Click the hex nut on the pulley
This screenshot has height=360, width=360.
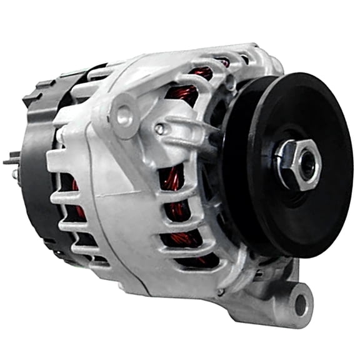(298, 164)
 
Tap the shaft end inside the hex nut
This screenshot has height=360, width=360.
(306, 164)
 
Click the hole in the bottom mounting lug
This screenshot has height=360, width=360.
(301, 304)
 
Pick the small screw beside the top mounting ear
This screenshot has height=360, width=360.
(161, 129)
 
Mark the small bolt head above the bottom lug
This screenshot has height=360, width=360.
(220, 292)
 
